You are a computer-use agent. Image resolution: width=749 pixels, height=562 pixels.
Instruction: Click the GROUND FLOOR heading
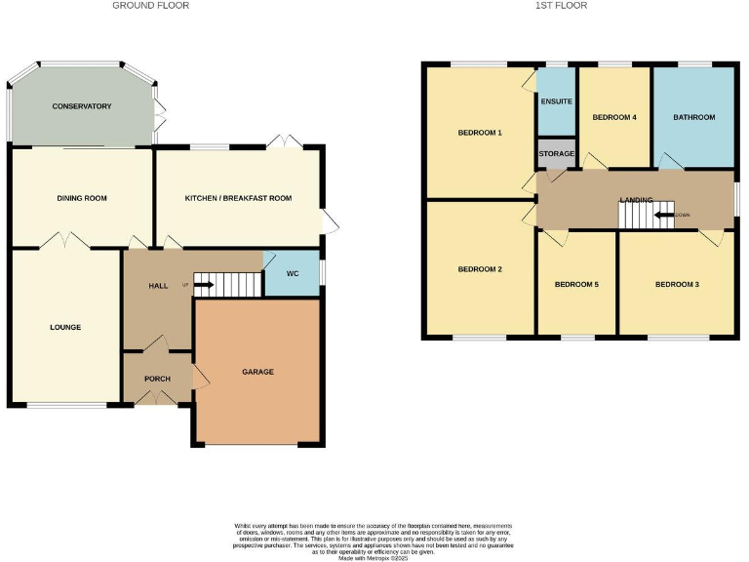[x=150, y=6]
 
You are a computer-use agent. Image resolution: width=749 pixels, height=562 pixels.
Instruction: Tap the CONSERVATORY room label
[x=82, y=105]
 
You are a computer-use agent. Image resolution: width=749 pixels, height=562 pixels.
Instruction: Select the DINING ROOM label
[x=82, y=198]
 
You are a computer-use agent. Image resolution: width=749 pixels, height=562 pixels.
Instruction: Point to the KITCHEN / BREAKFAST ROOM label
[x=238, y=198]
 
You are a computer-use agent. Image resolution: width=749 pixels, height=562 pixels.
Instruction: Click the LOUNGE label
[x=65, y=327]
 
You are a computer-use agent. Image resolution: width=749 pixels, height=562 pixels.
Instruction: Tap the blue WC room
[x=292, y=273]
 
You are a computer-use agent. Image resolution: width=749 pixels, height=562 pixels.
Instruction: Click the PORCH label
[x=157, y=379]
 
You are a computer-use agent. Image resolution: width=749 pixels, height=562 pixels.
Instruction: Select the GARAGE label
[x=257, y=372]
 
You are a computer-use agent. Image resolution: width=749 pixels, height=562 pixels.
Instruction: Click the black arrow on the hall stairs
[x=204, y=286]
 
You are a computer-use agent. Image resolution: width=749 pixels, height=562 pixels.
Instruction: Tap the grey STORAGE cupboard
[x=556, y=153]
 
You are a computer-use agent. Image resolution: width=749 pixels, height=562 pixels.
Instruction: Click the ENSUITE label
[x=556, y=101]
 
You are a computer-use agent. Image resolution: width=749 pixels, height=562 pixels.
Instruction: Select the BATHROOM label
[x=693, y=117]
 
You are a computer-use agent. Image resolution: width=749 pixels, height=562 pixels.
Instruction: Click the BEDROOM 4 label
[x=614, y=117]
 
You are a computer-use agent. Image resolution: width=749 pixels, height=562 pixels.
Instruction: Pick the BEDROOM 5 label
[x=576, y=285]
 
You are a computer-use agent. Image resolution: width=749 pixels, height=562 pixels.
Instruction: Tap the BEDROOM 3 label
[x=677, y=285]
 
